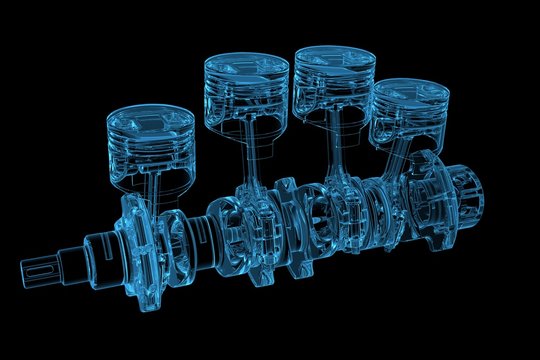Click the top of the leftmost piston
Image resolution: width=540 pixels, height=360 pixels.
(x=150, y=116)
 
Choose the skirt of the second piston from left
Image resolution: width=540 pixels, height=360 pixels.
(x=245, y=108)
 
